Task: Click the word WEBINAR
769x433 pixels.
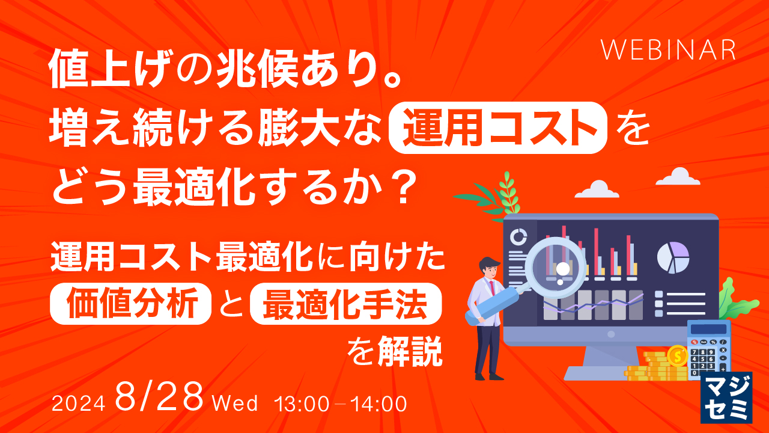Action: tap(668, 51)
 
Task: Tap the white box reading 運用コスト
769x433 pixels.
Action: tap(497, 127)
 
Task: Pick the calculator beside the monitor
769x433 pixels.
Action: tap(709, 349)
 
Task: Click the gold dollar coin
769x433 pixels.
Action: tap(678, 356)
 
